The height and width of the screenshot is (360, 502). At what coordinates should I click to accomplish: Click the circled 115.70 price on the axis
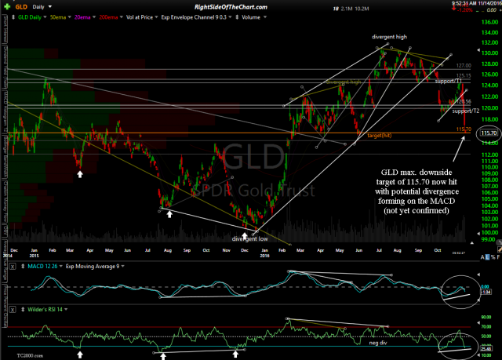487,135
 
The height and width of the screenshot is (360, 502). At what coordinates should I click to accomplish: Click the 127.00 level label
463,65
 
